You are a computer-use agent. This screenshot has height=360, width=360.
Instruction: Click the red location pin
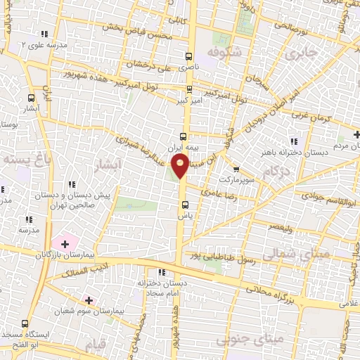click(x=180, y=165)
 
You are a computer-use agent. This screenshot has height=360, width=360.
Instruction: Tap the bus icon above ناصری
click(x=188, y=56)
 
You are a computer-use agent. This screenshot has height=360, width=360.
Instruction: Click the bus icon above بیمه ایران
click(x=184, y=137)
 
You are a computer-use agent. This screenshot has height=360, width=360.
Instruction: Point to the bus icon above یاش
click(x=185, y=205)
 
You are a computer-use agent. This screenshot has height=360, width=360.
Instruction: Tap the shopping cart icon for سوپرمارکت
click(x=236, y=169)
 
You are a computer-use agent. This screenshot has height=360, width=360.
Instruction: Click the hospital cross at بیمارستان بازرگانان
click(x=65, y=245)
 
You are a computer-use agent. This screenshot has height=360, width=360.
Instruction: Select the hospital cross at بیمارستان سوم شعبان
click(x=88, y=300)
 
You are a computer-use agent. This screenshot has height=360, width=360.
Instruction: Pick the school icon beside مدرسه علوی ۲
click(x=45, y=34)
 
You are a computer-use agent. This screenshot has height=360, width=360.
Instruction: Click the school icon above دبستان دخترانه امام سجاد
click(x=162, y=272)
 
